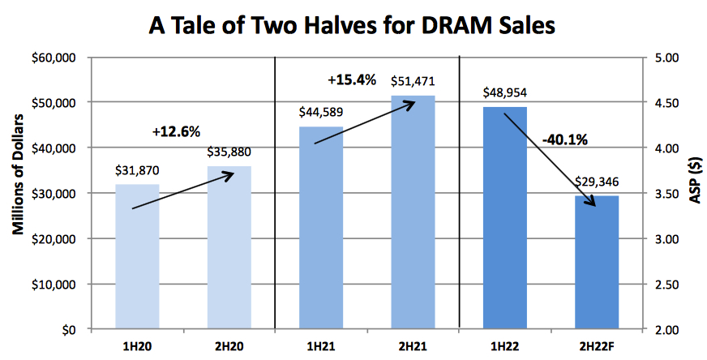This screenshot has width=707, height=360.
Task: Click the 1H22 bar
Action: [505, 218]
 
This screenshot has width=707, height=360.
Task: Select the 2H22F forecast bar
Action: [597, 263]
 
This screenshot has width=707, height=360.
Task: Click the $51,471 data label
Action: [413, 82]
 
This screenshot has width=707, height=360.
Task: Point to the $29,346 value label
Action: [597, 182]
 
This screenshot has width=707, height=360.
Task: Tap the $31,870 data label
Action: [137, 171]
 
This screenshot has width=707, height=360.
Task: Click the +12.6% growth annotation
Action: [176, 131]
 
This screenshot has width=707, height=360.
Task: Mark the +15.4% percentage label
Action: [352, 79]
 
